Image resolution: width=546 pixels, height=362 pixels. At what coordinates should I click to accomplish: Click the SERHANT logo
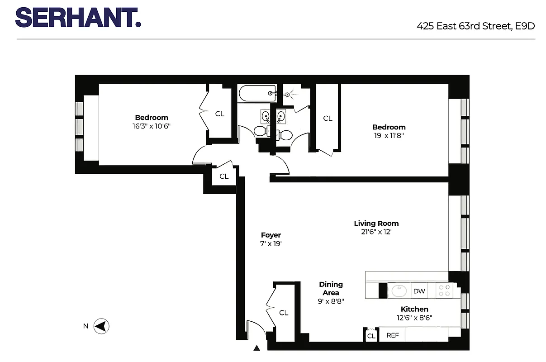coord(78,18)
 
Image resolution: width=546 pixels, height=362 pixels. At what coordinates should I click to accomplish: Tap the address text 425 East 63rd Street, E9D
coord(475,26)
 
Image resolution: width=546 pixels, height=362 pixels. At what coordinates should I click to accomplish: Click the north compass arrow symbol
coord(102,326)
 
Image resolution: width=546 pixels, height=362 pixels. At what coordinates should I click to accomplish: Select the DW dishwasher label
coord(419,291)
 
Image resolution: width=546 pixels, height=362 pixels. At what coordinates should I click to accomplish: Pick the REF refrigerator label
coord(392,335)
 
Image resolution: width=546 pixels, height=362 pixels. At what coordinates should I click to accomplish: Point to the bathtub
coord(257,94)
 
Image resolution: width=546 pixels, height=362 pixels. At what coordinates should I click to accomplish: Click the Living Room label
coord(376,223)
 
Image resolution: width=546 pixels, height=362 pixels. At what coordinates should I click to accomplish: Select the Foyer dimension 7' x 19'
coord(271,243)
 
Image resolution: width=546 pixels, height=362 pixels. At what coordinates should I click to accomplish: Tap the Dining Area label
coord(331,288)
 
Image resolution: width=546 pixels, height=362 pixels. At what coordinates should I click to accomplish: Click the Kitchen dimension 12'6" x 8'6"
coord(414,318)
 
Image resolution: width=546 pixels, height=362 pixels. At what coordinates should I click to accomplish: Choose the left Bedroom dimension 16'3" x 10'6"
coord(152,126)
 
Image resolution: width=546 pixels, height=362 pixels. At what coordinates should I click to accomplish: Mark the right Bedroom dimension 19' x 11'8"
coord(389,135)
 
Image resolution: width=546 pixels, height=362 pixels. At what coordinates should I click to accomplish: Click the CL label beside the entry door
coord(284,313)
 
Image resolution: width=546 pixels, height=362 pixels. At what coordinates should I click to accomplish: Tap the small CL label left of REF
coord(371,336)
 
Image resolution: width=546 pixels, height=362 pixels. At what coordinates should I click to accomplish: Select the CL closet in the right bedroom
coord(328,119)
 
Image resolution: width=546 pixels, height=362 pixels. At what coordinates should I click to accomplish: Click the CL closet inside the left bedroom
coord(219,114)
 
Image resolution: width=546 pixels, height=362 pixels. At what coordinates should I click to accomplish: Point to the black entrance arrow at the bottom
coord(257,348)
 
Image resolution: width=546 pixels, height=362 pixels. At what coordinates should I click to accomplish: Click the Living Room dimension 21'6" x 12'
coord(376,232)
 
